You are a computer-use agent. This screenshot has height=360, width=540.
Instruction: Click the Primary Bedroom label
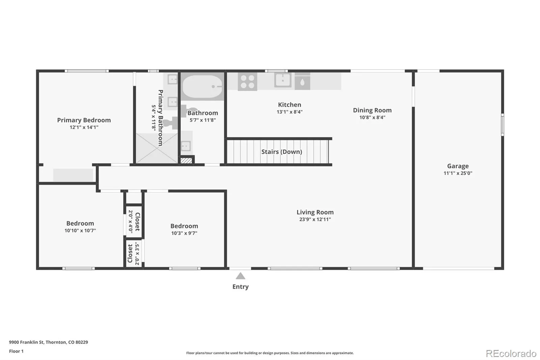point(84,120)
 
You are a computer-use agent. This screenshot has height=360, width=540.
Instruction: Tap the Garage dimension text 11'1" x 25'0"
point(458,173)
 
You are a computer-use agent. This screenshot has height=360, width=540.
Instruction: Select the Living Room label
point(315,212)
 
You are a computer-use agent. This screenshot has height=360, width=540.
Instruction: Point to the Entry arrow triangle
point(240,276)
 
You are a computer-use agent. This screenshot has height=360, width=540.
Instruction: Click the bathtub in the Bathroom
point(202,86)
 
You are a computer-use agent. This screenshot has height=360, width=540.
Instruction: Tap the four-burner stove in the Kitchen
point(247,81)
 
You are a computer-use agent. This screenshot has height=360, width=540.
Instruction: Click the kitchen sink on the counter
point(282,80)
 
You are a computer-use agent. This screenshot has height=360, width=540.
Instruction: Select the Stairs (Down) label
point(281,152)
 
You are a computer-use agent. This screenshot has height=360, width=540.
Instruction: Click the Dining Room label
point(372,110)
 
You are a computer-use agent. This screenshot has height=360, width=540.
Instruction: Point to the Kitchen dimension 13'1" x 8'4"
point(290,112)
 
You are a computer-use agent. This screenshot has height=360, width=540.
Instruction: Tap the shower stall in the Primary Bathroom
point(157,148)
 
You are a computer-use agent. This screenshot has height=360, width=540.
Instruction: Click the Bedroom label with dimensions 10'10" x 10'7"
point(80,223)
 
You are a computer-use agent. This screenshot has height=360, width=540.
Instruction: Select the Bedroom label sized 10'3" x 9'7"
point(184,226)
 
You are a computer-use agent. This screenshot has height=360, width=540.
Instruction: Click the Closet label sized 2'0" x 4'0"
point(137,222)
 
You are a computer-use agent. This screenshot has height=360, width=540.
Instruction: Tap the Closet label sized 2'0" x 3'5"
point(130,253)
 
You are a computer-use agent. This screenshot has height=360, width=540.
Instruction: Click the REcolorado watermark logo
point(511,354)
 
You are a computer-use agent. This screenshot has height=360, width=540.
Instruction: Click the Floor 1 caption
point(17,351)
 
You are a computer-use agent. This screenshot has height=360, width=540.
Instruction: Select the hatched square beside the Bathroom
point(186,160)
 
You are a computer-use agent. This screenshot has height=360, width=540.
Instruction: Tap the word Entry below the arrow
point(240,287)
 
